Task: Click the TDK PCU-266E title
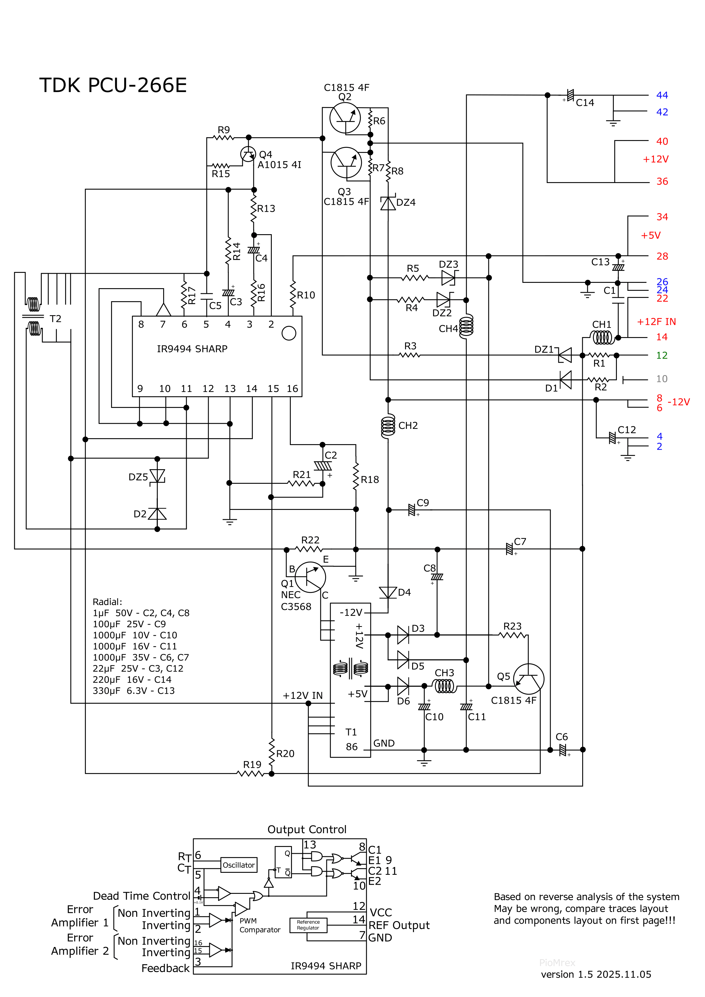pos(113,85)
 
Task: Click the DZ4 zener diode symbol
pos(388,203)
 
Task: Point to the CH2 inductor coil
pos(388,426)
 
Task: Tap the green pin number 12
pos(661,355)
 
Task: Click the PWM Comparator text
pos(259,925)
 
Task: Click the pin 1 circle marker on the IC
pos(289,333)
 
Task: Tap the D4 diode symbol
pos(388,592)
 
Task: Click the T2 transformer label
pos(55,319)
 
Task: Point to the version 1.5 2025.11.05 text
pos(596,974)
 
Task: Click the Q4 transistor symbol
pos(248,154)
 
